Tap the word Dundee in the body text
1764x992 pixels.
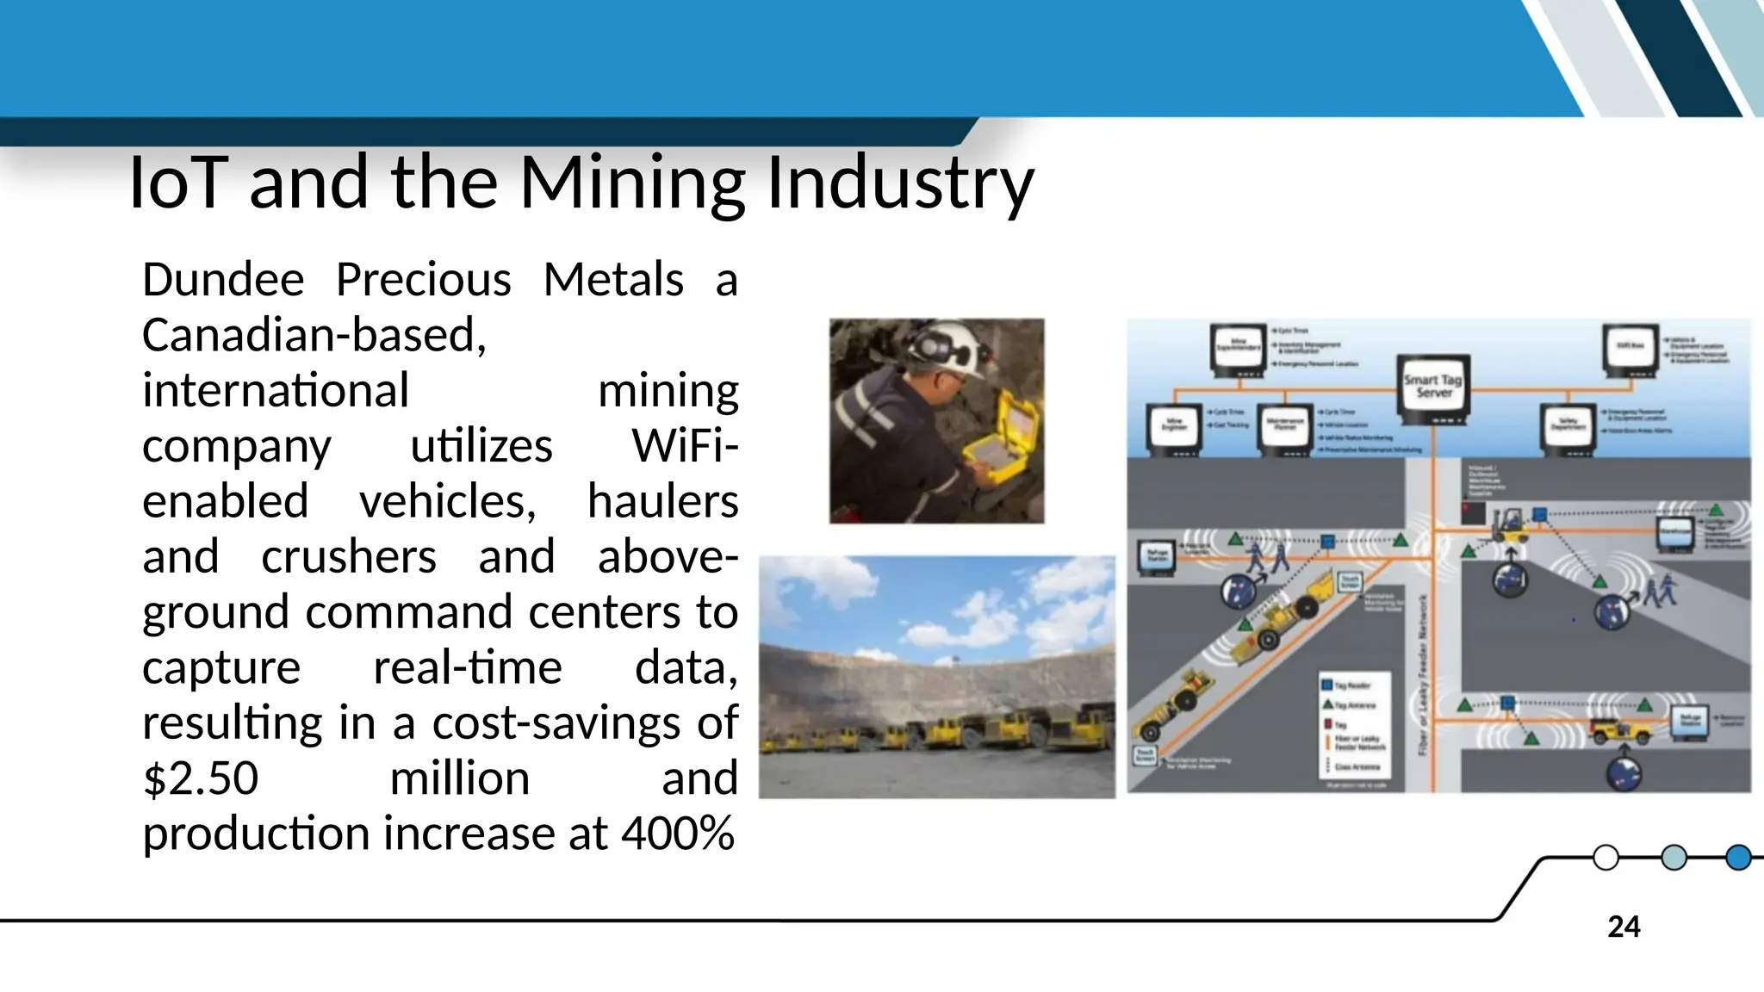click(x=223, y=280)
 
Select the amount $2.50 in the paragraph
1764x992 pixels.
click(x=200, y=778)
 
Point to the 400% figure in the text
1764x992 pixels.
click(x=678, y=834)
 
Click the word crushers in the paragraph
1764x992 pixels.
click(x=349, y=557)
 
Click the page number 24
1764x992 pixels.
click(x=1624, y=927)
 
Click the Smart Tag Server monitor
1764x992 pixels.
click(x=1432, y=388)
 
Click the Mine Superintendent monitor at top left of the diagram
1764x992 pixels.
click(x=1238, y=350)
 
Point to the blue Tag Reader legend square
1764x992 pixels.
click(x=1327, y=685)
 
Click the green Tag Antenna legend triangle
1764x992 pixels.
click(x=1327, y=704)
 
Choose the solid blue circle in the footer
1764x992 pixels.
click(x=1738, y=858)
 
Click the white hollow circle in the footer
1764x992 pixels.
click(x=1606, y=858)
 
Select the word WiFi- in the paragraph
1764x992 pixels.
click(x=685, y=446)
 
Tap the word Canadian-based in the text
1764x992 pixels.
click(x=314, y=335)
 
